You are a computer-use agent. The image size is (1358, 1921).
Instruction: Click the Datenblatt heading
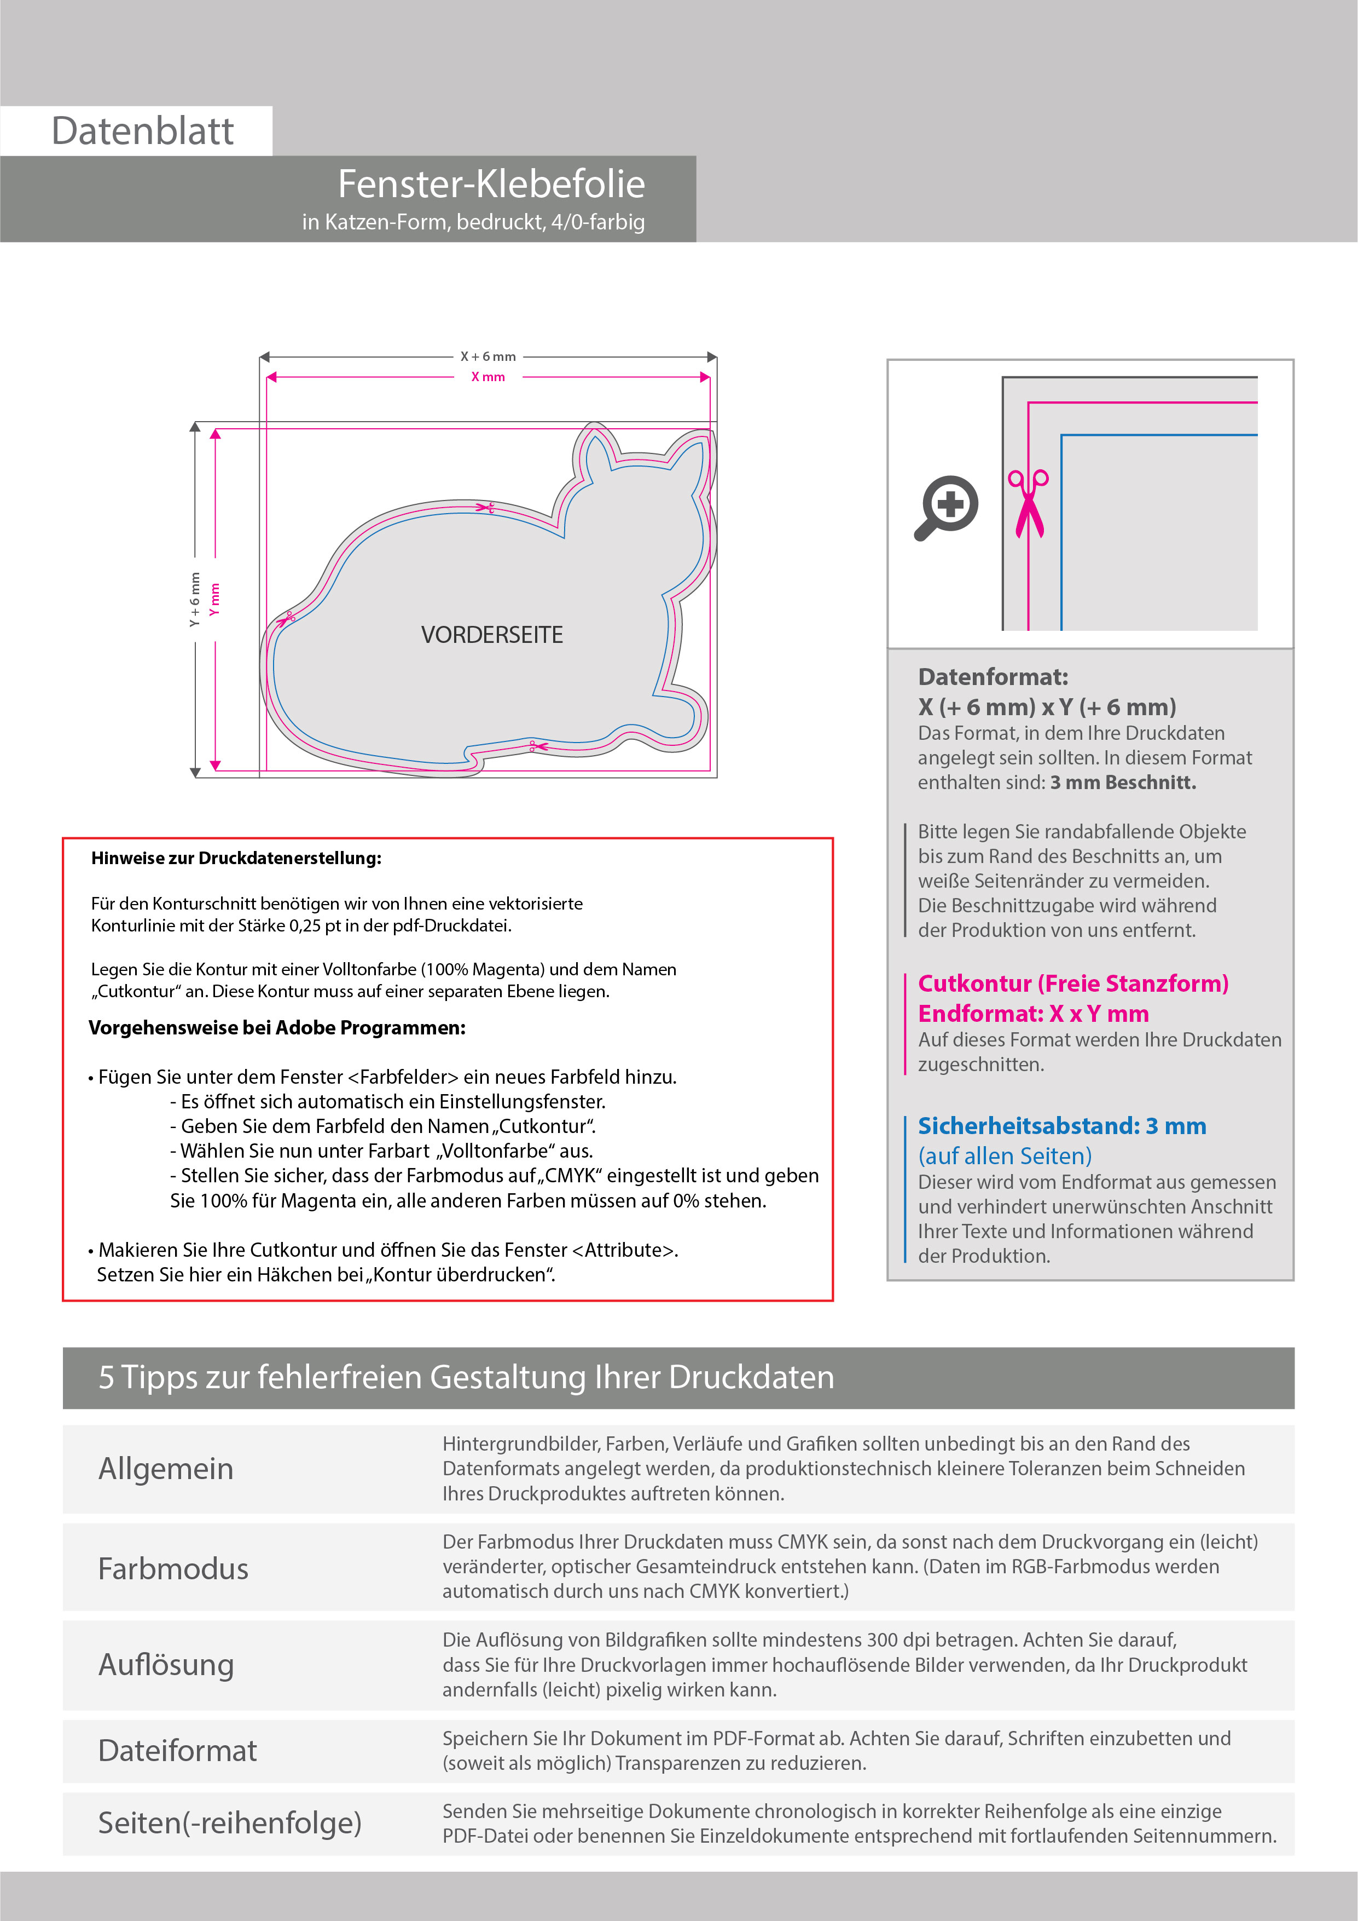pos(142,131)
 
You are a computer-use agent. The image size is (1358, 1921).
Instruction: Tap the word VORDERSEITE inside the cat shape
pos(492,635)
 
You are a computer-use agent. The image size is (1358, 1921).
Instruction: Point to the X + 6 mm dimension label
pos(489,356)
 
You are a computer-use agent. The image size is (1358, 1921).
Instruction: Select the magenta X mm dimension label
pos(489,377)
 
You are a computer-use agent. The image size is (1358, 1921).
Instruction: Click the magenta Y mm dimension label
pos(215,599)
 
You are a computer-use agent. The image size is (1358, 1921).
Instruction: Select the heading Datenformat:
pos(993,677)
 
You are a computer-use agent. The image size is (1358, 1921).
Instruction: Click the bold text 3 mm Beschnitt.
pos(1123,783)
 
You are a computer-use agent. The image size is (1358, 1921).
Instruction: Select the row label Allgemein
pos(166,1468)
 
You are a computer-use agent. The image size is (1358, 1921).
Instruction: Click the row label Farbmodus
pos(173,1568)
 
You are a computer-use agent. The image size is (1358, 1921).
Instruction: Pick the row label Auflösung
pos(166,1664)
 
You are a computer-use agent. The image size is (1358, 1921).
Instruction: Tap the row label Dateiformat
pos(177,1750)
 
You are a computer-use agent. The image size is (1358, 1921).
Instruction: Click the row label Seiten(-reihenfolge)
pos(230,1822)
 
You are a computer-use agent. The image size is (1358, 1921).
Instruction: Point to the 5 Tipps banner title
pos(466,1377)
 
